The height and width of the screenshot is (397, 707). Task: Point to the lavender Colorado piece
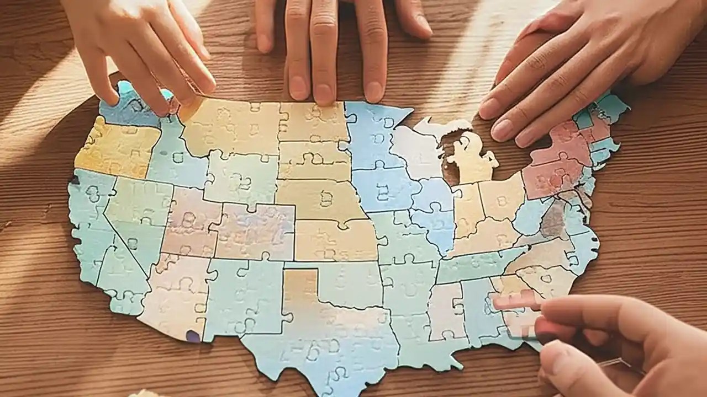[x=254, y=232]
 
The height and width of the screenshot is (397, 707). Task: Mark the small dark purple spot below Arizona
[x=193, y=336]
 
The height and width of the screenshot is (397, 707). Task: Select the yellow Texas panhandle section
[x=301, y=287]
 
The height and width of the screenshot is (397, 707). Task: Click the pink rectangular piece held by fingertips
[x=516, y=301]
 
